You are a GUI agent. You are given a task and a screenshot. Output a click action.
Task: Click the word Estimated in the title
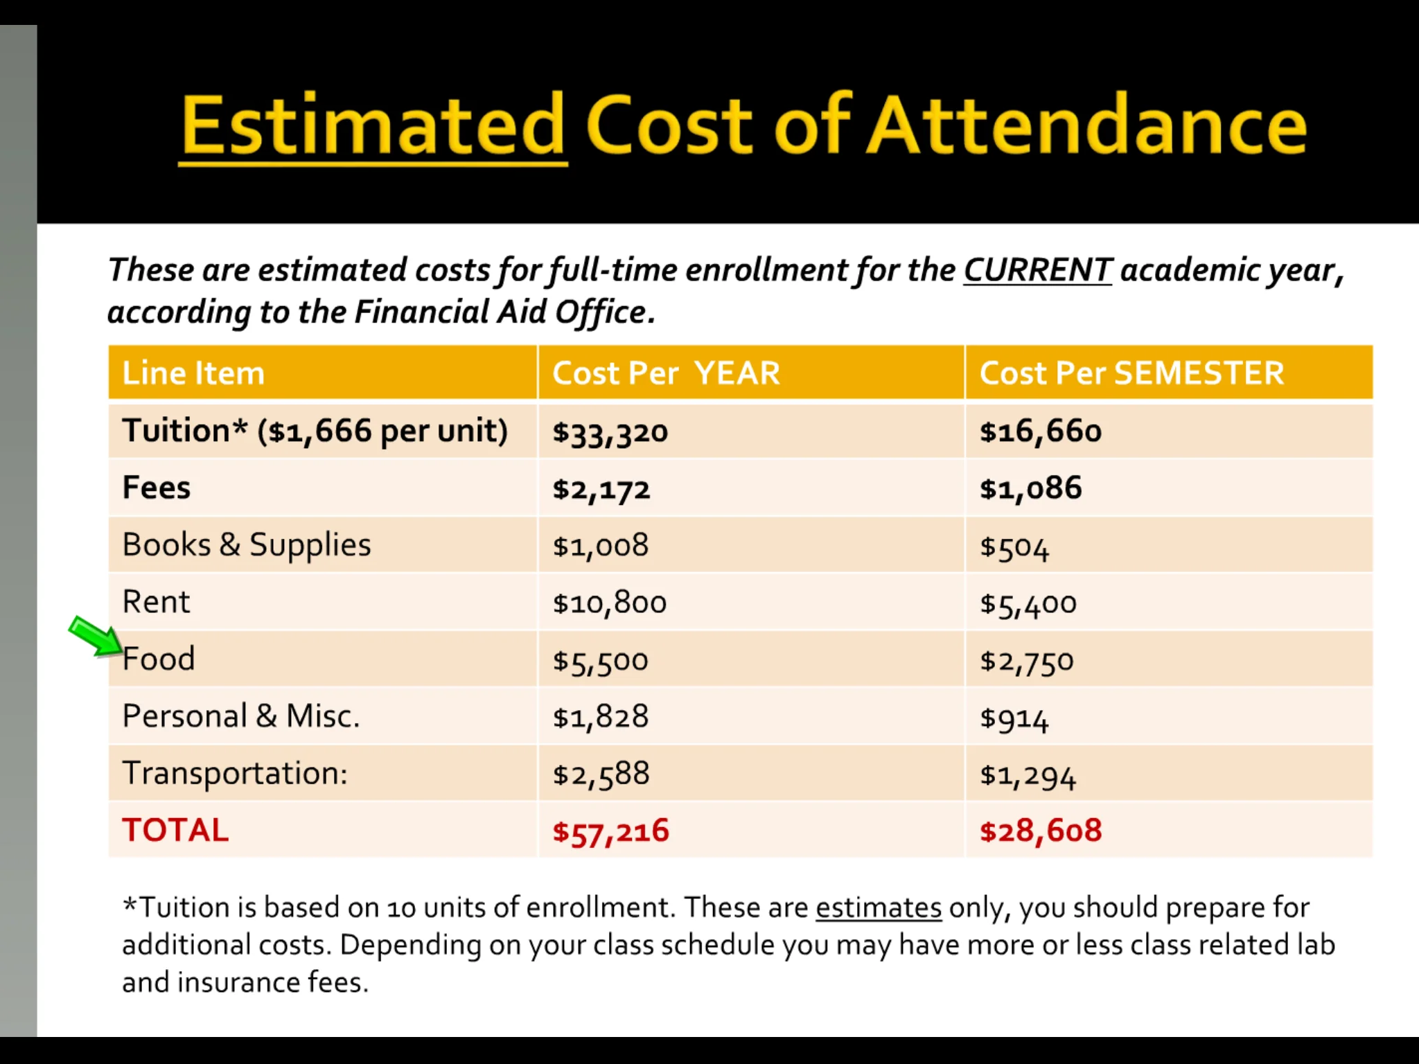(373, 126)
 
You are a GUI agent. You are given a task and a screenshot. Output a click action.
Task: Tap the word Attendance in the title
(1087, 126)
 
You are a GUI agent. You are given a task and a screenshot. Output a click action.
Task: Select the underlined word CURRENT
(1037, 269)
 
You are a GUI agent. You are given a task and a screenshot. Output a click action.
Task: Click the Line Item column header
(193, 373)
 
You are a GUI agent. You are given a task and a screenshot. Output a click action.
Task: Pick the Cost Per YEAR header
(666, 373)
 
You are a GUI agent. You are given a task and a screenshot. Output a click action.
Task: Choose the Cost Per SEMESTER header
(1131, 373)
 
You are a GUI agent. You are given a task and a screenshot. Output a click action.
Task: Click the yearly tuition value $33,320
(610, 432)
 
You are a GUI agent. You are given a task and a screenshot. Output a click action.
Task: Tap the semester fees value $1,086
(1030, 488)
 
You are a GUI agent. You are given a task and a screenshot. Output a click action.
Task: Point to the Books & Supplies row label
(247, 545)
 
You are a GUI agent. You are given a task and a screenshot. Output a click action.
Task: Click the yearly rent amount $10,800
(609, 603)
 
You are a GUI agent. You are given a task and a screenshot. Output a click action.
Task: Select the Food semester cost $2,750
(1026, 660)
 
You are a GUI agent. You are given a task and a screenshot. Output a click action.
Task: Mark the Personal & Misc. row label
(241, 716)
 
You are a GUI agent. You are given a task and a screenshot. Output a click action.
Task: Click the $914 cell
(1014, 718)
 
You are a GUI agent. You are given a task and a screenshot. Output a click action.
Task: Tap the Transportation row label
(235, 773)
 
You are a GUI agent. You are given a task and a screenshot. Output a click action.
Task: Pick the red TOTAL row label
(175, 830)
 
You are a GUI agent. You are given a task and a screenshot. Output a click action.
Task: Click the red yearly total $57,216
(610, 831)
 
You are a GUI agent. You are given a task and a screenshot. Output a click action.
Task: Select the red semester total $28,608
(1041, 831)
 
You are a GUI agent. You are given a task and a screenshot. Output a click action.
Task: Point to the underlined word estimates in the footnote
(879, 907)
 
